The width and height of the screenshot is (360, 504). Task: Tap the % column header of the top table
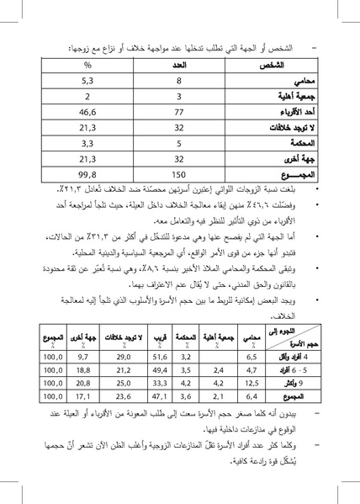click(x=87, y=65)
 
